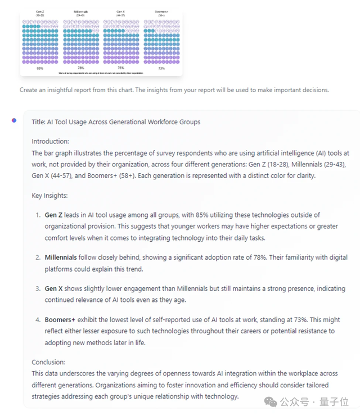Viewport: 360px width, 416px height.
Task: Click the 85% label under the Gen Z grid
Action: [x=40, y=68]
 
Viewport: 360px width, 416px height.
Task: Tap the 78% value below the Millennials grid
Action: [x=81, y=68]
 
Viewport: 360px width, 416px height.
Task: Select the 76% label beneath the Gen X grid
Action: [x=120, y=68]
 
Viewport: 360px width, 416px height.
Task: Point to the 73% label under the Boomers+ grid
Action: [x=161, y=68]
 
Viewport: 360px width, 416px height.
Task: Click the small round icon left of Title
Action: [x=14, y=120]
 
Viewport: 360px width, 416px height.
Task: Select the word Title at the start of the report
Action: [x=38, y=122]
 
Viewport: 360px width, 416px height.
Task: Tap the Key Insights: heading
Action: [x=49, y=196]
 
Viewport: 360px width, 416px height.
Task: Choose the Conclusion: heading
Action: [x=48, y=362]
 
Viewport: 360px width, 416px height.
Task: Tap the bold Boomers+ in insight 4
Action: [x=60, y=320]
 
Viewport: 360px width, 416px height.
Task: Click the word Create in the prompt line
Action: [x=30, y=89]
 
